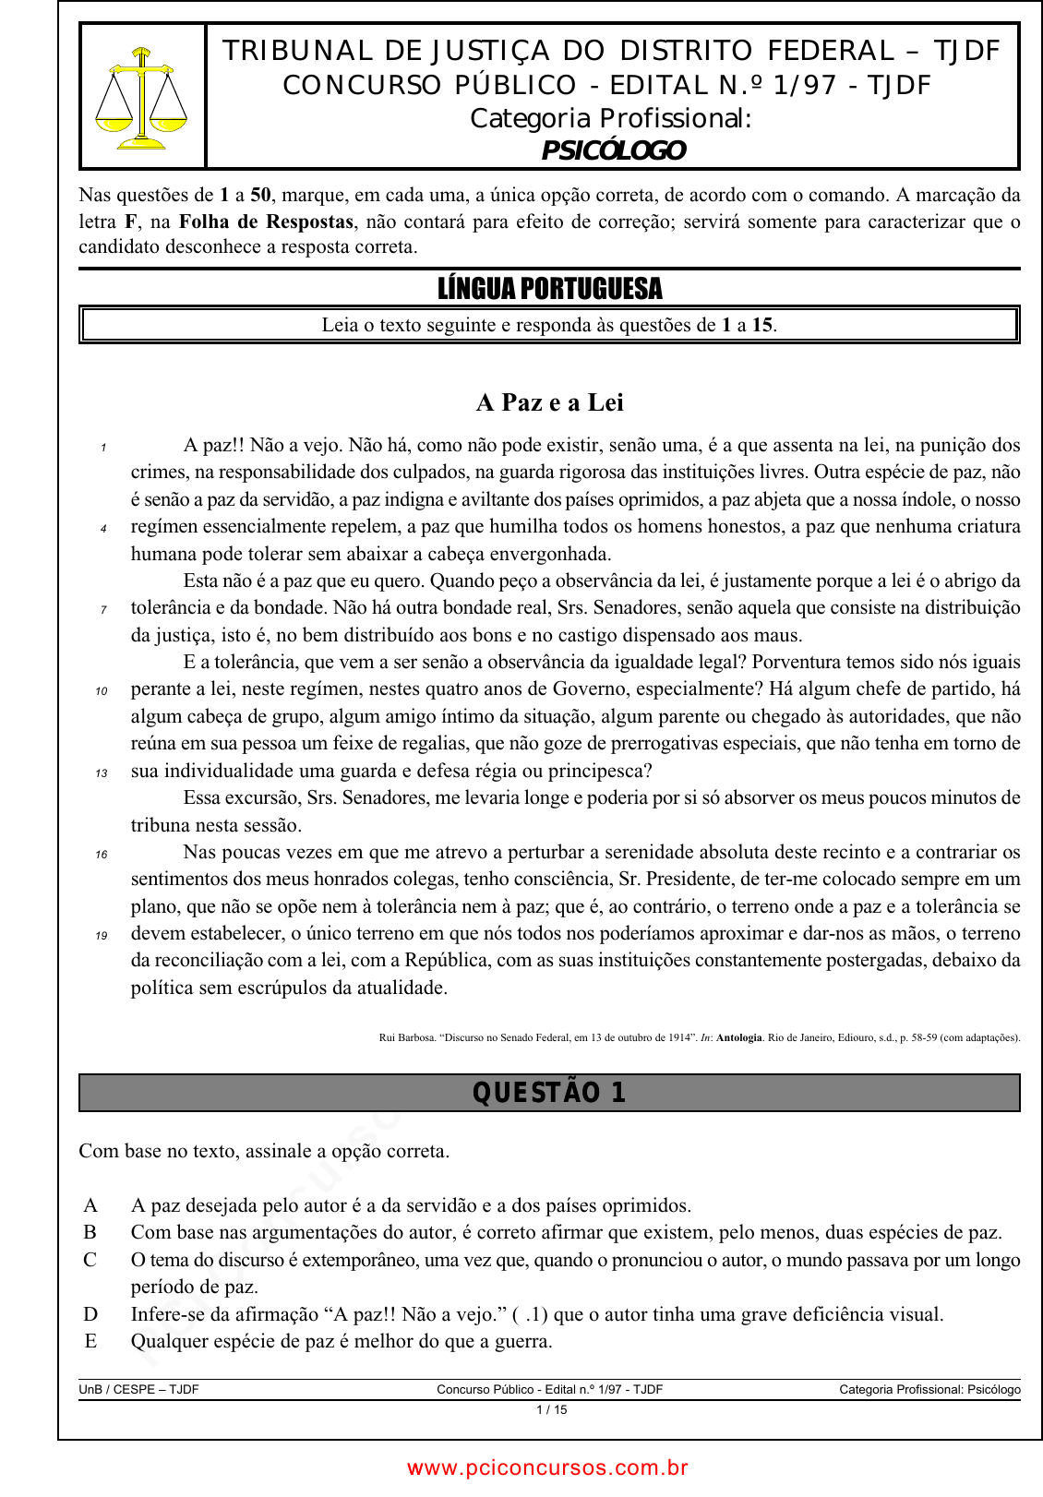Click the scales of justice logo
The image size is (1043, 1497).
point(141,98)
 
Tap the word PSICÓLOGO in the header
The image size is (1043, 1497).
point(613,150)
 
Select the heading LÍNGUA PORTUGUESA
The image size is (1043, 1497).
point(549,289)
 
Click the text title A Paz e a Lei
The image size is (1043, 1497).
point(549,402)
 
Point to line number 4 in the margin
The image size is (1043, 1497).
point(103,529)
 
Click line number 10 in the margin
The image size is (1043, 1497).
point(102,691)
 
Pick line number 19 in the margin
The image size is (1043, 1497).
point(102,936)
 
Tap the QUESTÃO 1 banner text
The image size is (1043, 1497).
point(549,1093)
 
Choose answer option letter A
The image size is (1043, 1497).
point(90,1205)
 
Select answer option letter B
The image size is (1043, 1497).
point(90,1232)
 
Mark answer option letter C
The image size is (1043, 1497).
point(90,1260)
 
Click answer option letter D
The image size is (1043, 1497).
point(90,1314)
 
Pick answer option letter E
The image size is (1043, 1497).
point(90,1341)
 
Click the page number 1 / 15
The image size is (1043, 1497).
point(551,1410)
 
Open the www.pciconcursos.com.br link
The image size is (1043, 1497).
point(547,1467)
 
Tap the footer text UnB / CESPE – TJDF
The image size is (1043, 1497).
point(138,1389)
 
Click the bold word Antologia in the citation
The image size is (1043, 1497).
point(738,1037)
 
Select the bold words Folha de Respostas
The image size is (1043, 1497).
point(266,222)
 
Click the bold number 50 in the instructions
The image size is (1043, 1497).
point(261,195)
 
